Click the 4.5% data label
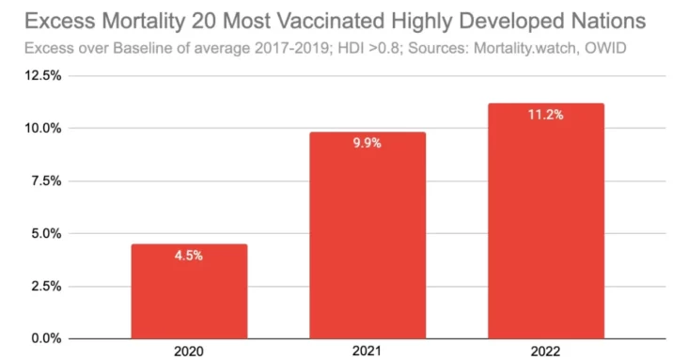[x=189, y=255]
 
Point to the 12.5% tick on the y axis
[x=44, y=75]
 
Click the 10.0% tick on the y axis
[x=44, y=128]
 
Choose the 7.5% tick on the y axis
[x=47, y=180]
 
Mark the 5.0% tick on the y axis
[x=47, y=233]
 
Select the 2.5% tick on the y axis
[x=47, y=286]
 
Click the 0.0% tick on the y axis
[x=47, y=337]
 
